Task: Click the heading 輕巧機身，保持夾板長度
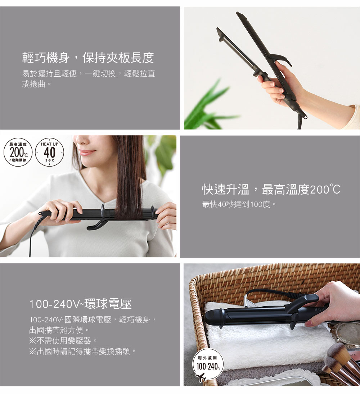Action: [x=88, y=58]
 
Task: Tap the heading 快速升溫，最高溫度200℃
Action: [x=271, y=189]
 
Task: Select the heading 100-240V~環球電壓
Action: [x=80, y=304]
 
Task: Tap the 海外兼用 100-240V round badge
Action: [x=208, y=363]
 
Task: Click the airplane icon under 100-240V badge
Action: [x=201, y=377]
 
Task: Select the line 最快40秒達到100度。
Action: [x=239, y=205]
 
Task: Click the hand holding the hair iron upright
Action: [x=281, y=85]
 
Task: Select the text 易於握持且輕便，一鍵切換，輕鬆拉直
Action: [x=89, y=74]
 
